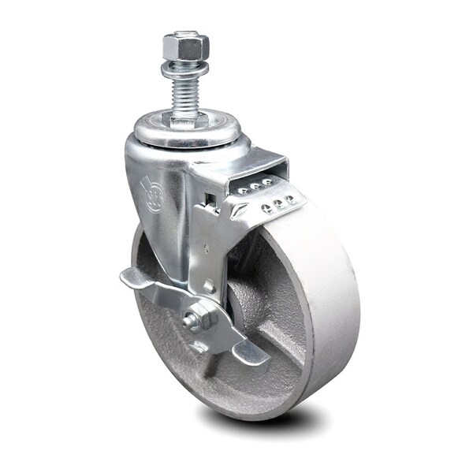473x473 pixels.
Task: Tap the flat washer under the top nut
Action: [180, 69]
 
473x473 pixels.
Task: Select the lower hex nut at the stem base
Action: [181, 119]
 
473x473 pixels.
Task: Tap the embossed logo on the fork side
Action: [151, 192]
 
